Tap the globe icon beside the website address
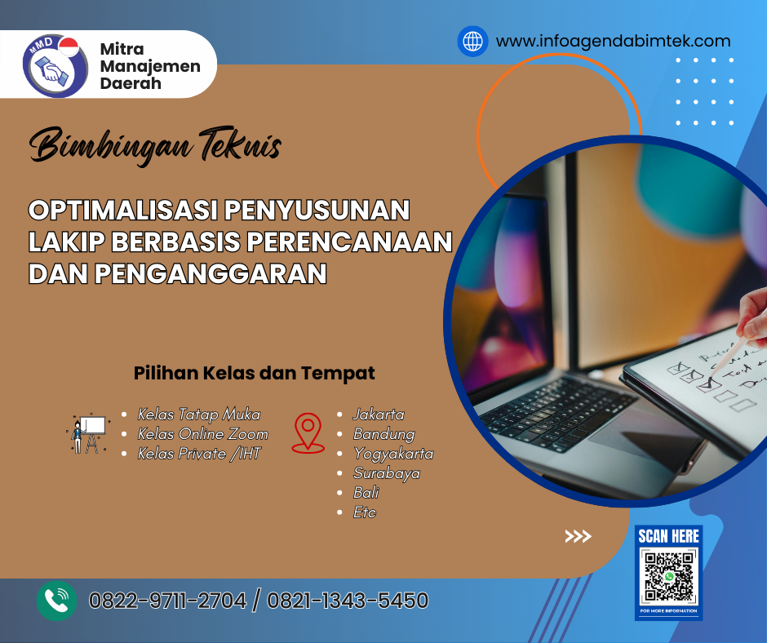click(472, 41)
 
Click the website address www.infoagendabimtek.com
click(613, 41)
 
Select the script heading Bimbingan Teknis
click(155, 148)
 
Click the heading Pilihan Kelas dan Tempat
click(254, 374)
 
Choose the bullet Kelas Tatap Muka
click(198, 415)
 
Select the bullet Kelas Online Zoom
click(202, 433)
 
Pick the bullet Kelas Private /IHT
click(198, 453)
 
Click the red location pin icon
click(308, 432)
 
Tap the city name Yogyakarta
click(392, 454)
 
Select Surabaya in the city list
click(386, 473)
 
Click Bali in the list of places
click(366, 493)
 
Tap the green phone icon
click(56, 601)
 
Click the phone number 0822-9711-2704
click(167, 601)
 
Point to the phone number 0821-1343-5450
click(347, 601)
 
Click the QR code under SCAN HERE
click(668, 576)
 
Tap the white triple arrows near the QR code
click(578, 536)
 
